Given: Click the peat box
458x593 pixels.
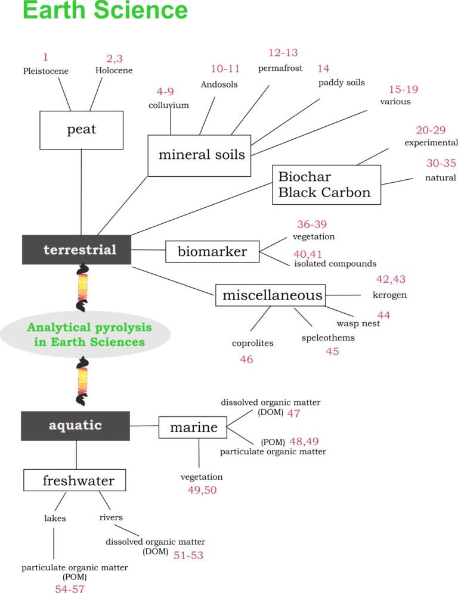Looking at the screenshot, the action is (x=82, y=130).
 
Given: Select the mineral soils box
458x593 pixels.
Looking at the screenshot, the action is (x=199, y=156).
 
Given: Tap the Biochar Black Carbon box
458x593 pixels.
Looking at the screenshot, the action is (x=327, y=185).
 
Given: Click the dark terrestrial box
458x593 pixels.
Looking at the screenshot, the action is (x=76, y=249).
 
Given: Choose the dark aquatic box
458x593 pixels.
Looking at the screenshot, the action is (x=75, y=426).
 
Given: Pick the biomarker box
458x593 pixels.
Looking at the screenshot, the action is (x=212, y=251).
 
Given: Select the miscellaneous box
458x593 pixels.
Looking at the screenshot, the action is (x=271, y=295).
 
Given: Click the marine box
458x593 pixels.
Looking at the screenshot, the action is (x=193, y=427).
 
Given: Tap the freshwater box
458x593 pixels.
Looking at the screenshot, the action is (x=75, y=480).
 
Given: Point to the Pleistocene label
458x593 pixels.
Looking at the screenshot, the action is (x=46, y=71).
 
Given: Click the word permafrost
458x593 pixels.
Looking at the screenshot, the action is (x=280, y=68).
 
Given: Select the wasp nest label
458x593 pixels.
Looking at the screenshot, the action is (x=358, y=323).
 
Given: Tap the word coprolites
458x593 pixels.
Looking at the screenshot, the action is (x=253, y=344).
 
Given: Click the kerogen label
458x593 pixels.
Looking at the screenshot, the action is (x=390, y=295).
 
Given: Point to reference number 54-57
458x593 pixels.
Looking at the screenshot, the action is (x=70, y=588).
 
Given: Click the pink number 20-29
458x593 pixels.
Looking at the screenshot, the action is (x=431, y=130).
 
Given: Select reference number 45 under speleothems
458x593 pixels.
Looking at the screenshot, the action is (x=332, y=351).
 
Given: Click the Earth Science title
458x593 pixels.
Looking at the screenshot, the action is (x=106, y=10).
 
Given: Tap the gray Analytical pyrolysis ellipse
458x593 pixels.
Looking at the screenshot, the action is (x=85, y=335).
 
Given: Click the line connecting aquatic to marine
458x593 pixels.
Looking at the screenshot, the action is (x=144, y=426).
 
